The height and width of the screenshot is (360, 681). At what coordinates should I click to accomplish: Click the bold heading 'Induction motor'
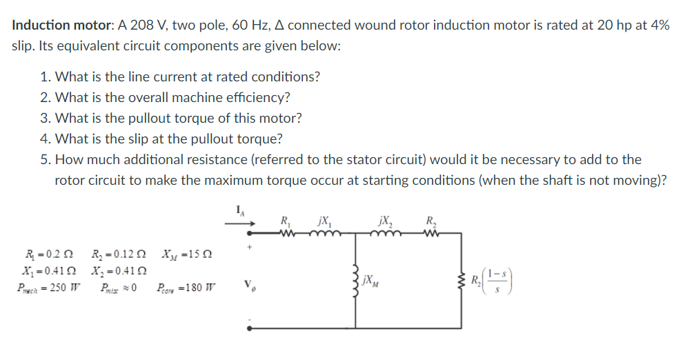tap(61, 25)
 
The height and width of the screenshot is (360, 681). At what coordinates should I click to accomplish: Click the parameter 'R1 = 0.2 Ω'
tap(44, 253)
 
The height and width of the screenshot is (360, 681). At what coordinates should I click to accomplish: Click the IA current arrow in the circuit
tap(242, 223)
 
